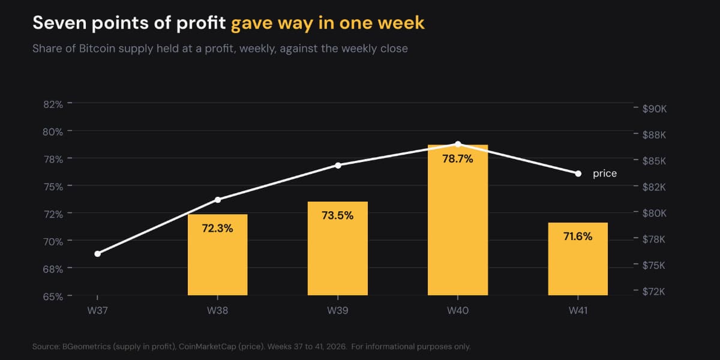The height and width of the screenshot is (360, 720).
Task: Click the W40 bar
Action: pyautogui.click(x=458, y=220)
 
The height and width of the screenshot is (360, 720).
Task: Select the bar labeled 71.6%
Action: pyautogui.click(x=578, y=259)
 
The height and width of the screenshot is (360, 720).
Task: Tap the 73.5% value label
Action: pyautogui.click(x=337, y=215)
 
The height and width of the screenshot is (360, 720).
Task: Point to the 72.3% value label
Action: pyautogui.click(x=217, y=228)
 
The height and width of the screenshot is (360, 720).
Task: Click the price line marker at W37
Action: pyautogui.click(x=98, y=254)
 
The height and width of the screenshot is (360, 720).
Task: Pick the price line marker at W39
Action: pyautogui.click(x=338, y=166)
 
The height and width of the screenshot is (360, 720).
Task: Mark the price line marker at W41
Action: pyautogui.click(x=578, y=174)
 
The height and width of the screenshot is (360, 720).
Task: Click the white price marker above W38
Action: pyautogui.click(x=218, y=200)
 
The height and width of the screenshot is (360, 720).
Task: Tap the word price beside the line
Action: pyautogui.click(x=605, y=173)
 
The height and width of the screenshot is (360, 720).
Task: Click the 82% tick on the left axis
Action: pyautogui.click(x=53, y=104)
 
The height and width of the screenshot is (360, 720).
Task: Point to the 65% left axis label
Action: pyautogui.click(x=53, y=296)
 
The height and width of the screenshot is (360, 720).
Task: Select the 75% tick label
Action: pyautogui.click(x=53, y=187)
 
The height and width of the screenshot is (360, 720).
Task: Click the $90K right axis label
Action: pyautogui.click(x=655, y=109)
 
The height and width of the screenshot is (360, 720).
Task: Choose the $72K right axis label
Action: pyautogui.click(x=654, y=292)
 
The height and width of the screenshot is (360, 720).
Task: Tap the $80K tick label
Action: pyautogui.click(x=655, y=213)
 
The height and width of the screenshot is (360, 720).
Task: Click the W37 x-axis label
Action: pyautogui.click(x=97, y=311)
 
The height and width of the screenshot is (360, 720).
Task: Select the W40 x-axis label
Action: pyautogui.click(x=458, y=311)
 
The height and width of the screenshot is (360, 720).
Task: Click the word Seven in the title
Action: pyautogui.click(x=59, y=23)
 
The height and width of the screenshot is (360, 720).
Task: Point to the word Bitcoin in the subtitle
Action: pyautogui.click(x=97, y=49)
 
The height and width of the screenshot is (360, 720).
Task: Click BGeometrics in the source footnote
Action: pyautogui.click(x=86, y=347)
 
